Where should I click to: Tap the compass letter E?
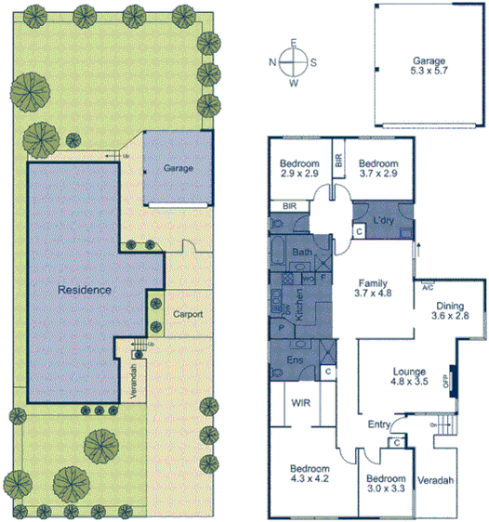tap(294, 44)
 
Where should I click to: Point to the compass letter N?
tap(272, 63)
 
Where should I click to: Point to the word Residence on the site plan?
tap(86, 290)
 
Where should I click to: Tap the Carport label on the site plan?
tap(188, 314)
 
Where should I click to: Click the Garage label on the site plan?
tap(178, 169)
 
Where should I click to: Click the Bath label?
tap(302, 252)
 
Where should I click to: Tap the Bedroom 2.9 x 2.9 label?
tap(299, 168)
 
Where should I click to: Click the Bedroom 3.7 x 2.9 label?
tap(378, 168)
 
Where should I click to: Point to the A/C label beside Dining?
tap(428, 288)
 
